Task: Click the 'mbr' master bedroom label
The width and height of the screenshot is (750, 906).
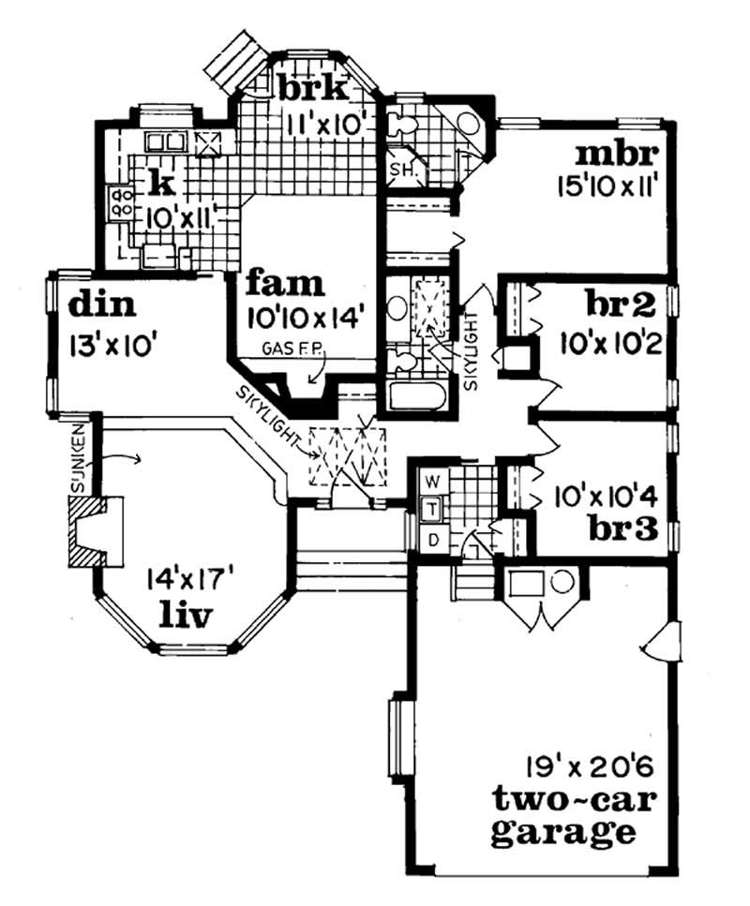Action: coord(619,153)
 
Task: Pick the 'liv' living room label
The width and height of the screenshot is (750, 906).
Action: coord(184,616)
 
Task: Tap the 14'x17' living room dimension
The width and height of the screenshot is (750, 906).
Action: coord(183,582)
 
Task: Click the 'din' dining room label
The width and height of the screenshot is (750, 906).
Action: coord(103,305)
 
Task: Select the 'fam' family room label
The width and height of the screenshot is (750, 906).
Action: coord(286,282)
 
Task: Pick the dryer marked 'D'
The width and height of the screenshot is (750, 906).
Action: coord(432,539)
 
